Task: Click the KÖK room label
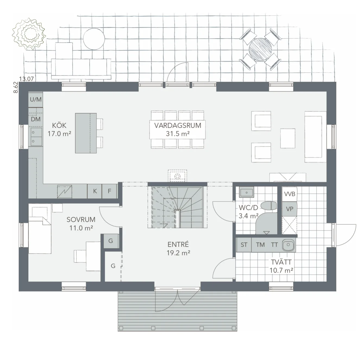(59, 126)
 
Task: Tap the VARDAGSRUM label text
(178, 126)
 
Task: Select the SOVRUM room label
(81, 220)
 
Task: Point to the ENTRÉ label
(178, 244)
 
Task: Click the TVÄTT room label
(281, 262)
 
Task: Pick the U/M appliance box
(36, 99)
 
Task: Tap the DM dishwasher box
(36, 119)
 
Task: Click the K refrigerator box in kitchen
(95, 191)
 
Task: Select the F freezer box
(109, 191)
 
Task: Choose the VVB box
(289, 194)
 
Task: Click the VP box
(289, 209)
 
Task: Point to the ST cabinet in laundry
(244, 245)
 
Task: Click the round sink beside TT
(287, 245)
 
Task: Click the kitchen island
(86, 133)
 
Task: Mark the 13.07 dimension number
(26, 79)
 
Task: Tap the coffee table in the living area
(287, 139)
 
